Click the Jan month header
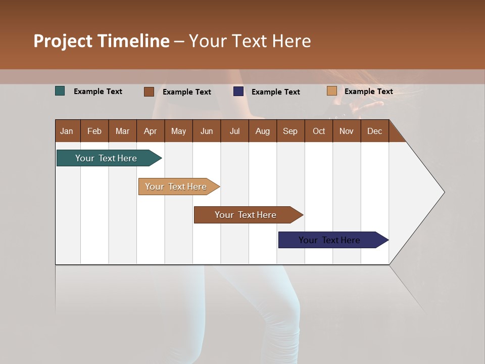point(67,131)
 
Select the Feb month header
point(94,131)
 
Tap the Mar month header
point(122,131)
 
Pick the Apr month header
point(151,131)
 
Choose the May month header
point(178,131)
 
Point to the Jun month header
point(207,131)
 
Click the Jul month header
point(234,131)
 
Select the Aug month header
point(263,131)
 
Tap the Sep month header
point(290,131)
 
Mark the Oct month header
point(319,131)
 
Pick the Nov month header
point(347,131)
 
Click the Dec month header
point(375,131)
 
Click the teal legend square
point(60,91)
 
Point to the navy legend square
point(238,92)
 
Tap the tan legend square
point(332,91)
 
